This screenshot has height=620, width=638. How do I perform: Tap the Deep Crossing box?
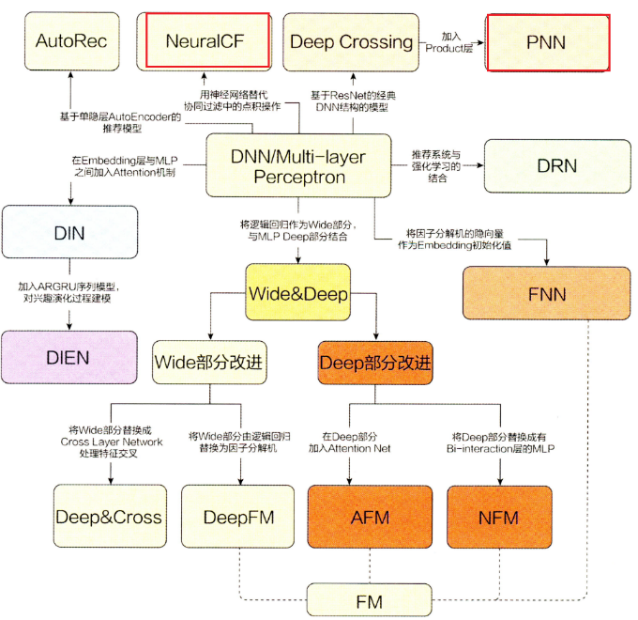click(351, 41)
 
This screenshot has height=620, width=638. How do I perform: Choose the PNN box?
click(548, 42)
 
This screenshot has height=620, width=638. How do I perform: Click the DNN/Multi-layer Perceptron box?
click(298, 165)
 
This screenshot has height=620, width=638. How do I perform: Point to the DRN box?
click(556, 165)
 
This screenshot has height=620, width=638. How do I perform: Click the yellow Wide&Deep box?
click(298, 294)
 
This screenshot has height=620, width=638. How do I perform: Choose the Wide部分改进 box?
click(208, 362)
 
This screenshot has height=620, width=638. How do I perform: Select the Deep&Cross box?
click(109, 517)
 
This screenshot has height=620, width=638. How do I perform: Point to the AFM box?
click(369, 517)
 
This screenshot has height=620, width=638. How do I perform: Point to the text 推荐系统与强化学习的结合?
click(437, 166)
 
